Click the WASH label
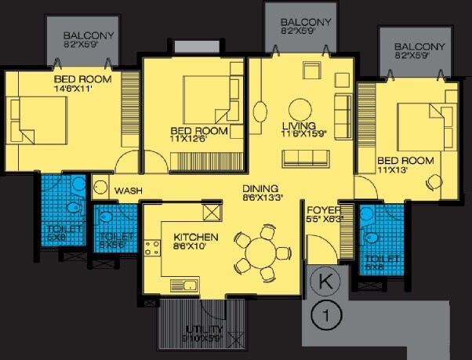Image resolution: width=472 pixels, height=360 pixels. [127, 191]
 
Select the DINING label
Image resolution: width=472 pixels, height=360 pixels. [257, 188]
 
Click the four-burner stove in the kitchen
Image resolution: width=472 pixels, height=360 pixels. [151, 249]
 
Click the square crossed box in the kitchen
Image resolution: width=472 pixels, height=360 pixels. [212, 212]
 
